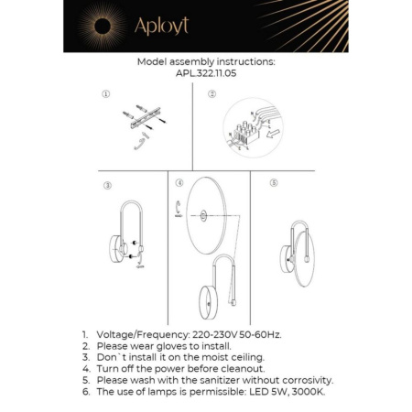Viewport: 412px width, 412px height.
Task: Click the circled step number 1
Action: click(x=106, y=94)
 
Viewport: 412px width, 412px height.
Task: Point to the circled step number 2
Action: click(x=211, y=94)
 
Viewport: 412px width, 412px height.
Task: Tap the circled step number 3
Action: click(x=107, y=185)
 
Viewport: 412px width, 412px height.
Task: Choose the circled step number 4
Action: click(x=179, y=183)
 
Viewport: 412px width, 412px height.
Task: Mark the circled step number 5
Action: click(x=274, y=183)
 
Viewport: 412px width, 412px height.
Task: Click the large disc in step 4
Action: click(x=201, y=217)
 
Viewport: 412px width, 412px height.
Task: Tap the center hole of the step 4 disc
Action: click(x=201, y=217)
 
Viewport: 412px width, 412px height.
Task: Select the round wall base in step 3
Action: click(x=116, y=247)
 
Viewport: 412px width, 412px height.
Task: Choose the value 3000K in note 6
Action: click(x=307, y=391)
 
